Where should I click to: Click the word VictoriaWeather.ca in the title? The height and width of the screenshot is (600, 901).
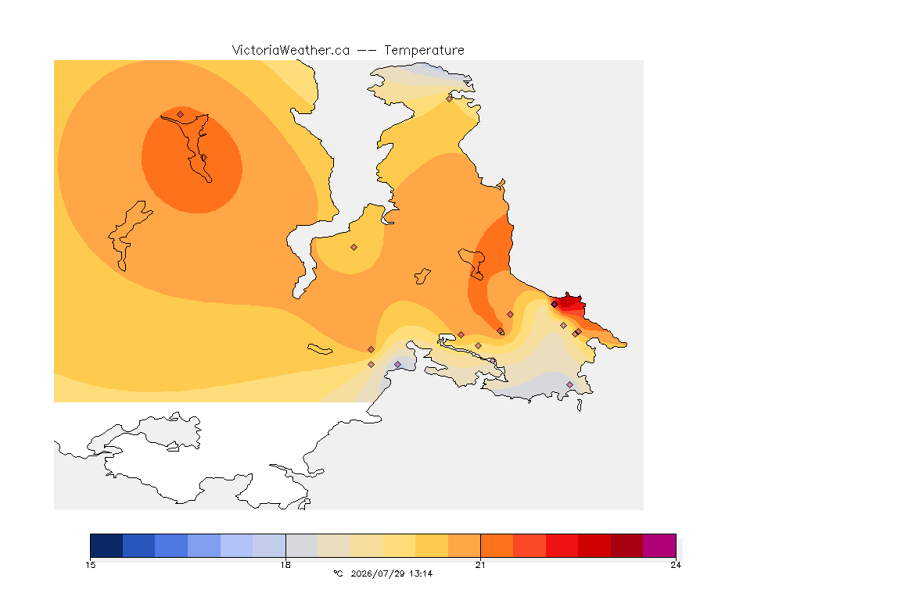tap(291, 50)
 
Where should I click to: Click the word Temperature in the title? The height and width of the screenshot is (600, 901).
tap(424, 50)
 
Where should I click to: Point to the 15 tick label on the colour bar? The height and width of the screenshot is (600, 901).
tap(90, 565)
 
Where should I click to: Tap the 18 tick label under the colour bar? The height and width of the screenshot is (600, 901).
tap(285, 565)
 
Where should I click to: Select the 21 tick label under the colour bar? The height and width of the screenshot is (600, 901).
tap(480, 565)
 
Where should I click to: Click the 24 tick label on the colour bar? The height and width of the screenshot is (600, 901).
tap(676, 565)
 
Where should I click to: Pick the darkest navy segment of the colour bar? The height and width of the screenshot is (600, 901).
tap(106, 545)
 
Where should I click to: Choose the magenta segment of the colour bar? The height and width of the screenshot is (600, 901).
tap(659, 545)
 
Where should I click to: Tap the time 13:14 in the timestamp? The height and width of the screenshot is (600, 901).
tap(421, 573)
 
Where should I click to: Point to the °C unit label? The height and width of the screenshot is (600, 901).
tap(338, 573)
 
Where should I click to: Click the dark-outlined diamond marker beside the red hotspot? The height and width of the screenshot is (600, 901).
tap(555, 305)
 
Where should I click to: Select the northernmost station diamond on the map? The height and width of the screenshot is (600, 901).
tap(450, 98)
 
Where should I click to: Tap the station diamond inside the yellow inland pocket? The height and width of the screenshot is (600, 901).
tap(354, 248)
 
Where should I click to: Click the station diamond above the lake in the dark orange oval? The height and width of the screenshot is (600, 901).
tap(181, 114)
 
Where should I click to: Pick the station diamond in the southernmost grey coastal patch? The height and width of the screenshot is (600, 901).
tap(569, 384)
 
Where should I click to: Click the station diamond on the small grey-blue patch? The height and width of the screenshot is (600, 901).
tap(397, 365)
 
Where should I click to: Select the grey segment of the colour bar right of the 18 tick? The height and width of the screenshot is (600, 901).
tap(302, 545)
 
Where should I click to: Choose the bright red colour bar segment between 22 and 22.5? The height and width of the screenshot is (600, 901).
tap(562, 545)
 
